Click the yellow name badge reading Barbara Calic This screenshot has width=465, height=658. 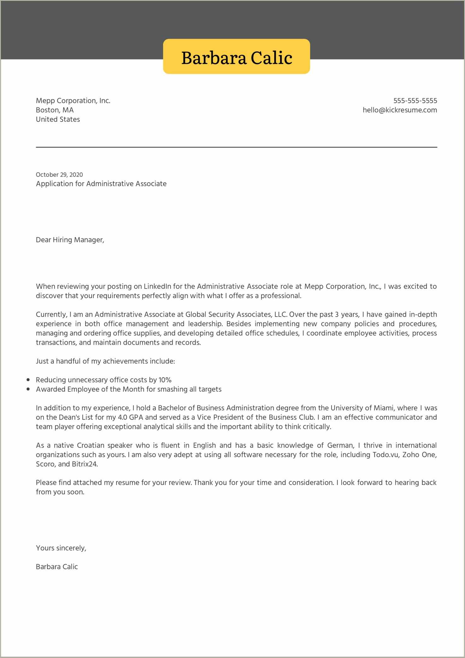pos(236,57)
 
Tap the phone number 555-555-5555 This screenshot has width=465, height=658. pos(415,101)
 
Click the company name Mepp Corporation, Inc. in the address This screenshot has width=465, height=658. pos(73,101)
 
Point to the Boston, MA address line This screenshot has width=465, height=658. pos(55,110)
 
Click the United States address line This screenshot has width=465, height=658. pos(58,119)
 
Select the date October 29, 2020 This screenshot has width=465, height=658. pos(59,175)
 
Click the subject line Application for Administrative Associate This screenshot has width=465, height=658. pos(101,184)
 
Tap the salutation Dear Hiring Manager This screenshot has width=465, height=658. pos(70,240)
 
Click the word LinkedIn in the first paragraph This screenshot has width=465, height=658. pos(157,287)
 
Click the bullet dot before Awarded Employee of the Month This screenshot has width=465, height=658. pos(28,389)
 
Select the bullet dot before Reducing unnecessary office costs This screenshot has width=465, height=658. pos(28,380)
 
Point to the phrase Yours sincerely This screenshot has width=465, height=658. pos(61,548)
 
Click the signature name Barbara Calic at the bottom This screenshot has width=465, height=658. pos(57,567)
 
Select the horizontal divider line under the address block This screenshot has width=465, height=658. pos(236,147)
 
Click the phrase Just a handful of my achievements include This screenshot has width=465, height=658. pos(105,361)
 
